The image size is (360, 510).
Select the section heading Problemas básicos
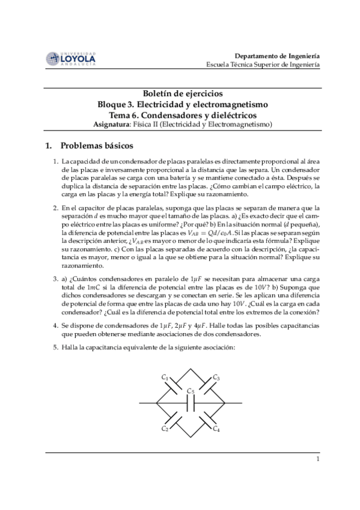tap(98, 146)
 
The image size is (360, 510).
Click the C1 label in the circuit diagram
tap(165, 377)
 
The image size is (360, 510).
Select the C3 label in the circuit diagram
tap(216, 377)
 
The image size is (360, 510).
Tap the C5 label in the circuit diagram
tap(191, 390)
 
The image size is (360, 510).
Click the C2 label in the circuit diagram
tap(165, 428)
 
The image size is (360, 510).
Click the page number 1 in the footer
tap(317, 460)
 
